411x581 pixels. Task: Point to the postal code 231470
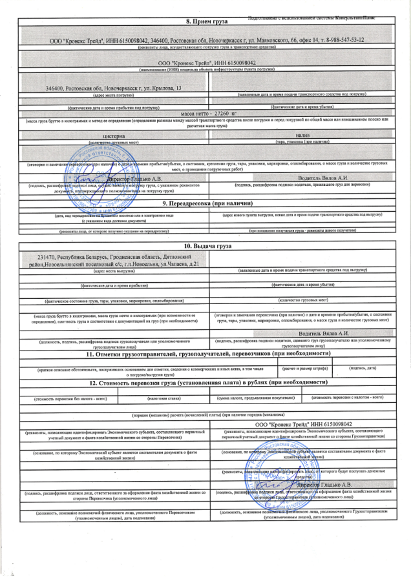(50, 256)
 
